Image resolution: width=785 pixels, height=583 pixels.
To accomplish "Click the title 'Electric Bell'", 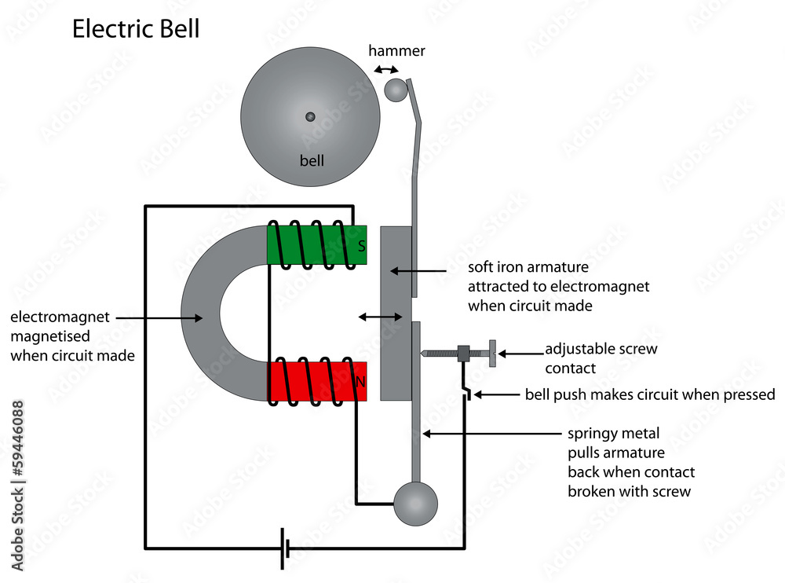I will (136, 29).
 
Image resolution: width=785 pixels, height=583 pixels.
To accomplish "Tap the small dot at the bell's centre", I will (310, 117).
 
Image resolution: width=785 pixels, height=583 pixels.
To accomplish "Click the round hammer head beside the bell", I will (396, 90).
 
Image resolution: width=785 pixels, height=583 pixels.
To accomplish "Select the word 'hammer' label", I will (396, 51).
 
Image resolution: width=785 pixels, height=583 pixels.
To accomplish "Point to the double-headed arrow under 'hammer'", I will (385, 70).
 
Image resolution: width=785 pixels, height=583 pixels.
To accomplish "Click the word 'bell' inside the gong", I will (312, 161).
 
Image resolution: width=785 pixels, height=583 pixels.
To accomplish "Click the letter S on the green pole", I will (361, 246).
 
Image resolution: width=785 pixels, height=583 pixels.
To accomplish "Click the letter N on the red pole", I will (361, 383).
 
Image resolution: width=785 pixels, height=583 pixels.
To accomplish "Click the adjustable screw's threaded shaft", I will (440, 354).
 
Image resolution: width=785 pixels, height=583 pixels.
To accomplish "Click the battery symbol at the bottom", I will (285, 548).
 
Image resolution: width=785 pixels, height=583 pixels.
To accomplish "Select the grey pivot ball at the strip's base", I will (414, 504).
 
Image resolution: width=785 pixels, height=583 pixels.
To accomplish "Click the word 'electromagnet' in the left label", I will (60, 318).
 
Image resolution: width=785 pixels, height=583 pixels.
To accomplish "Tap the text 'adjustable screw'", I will (601, 349).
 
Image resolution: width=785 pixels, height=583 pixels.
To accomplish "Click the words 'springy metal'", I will (613, 433).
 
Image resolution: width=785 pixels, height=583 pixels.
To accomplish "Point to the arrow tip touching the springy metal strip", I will (425, 433).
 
